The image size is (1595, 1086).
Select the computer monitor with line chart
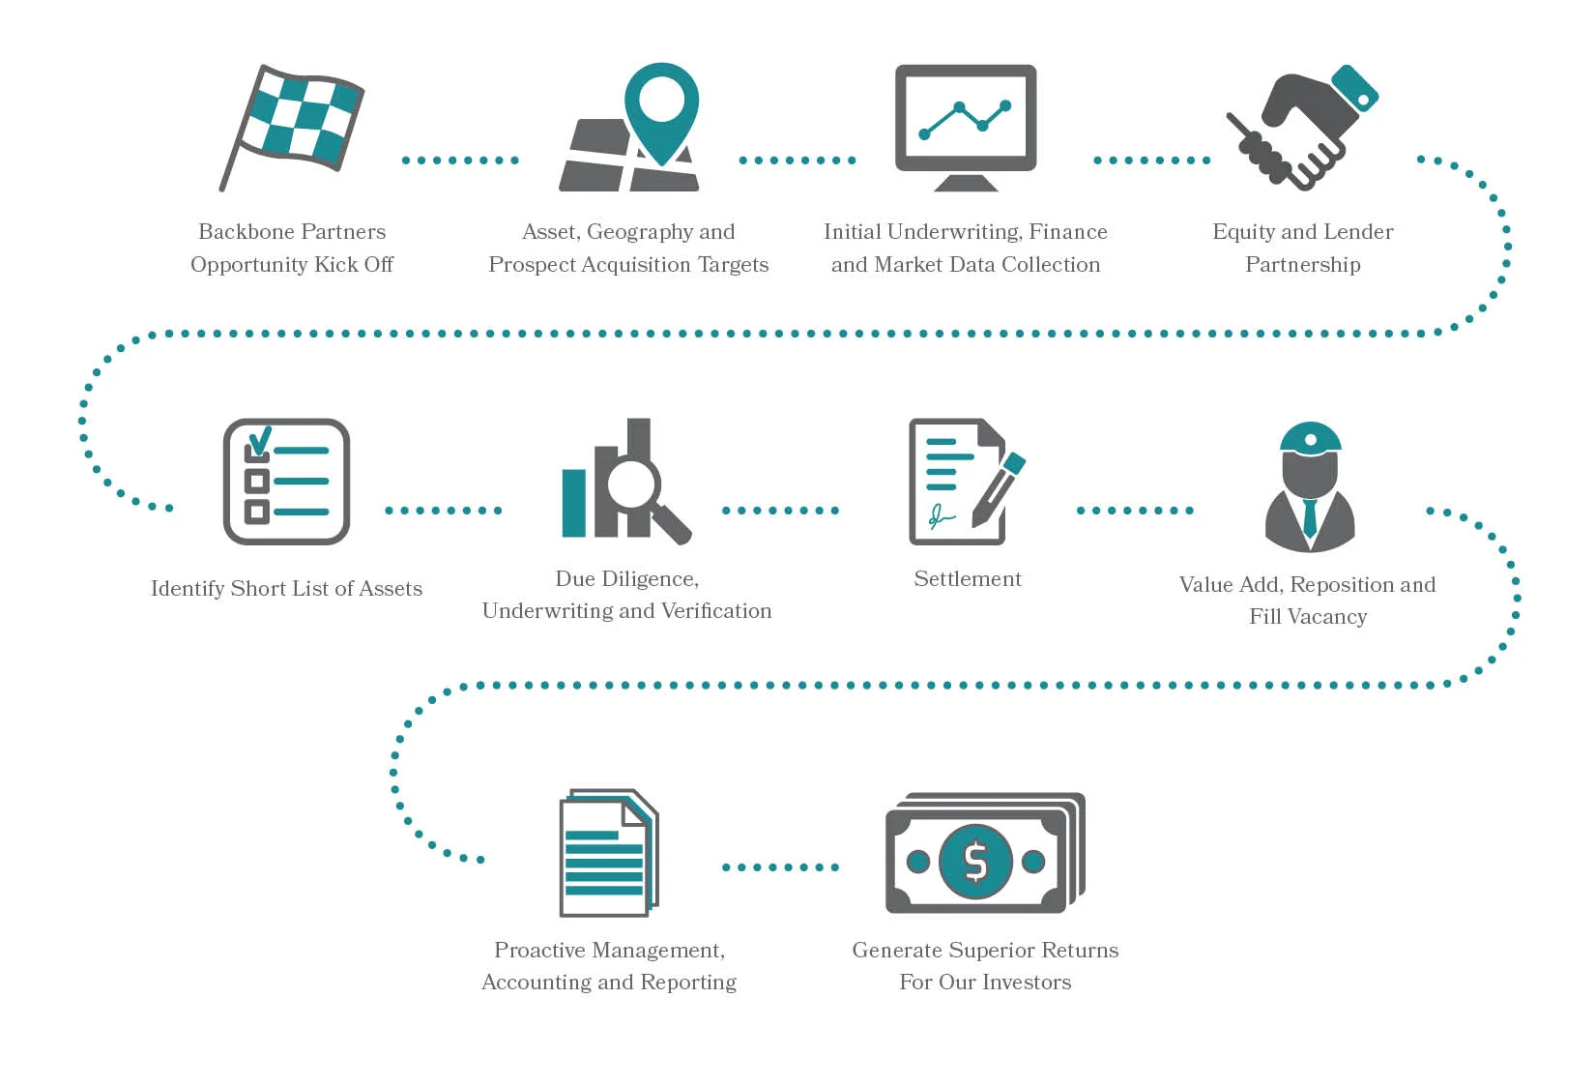point(965,126)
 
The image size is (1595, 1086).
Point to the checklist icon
point(286,481)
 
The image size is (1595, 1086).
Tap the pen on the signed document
point(1000,488)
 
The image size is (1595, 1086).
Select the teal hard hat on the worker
point(1310,437)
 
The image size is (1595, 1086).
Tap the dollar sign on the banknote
point(975,861)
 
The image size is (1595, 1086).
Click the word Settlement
point(967,579)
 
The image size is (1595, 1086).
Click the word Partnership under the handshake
point(1302,265)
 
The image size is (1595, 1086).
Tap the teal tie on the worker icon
point(1310,517)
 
